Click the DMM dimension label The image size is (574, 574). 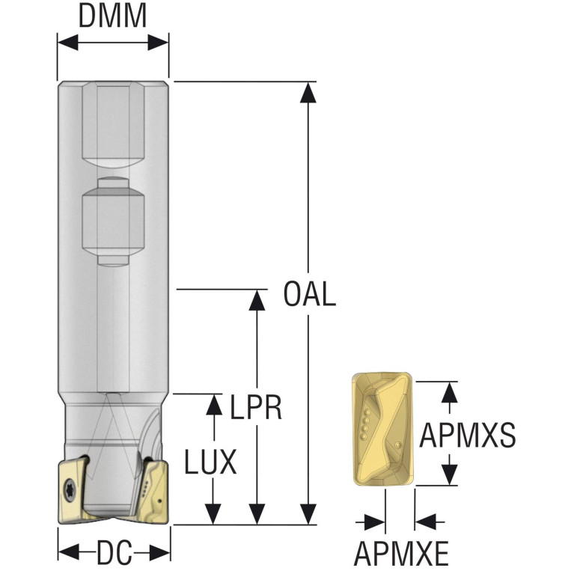coord(113,16)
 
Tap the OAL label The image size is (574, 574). coord(309,294)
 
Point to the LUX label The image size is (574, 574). coord(211,462)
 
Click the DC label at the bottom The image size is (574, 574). coord(114,553)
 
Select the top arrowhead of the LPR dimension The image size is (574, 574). coord(257,299)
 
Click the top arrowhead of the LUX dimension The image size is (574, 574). coord(215,403)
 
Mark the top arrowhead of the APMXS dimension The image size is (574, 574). coord(448,391)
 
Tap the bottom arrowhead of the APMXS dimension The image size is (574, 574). coord(448,476)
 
